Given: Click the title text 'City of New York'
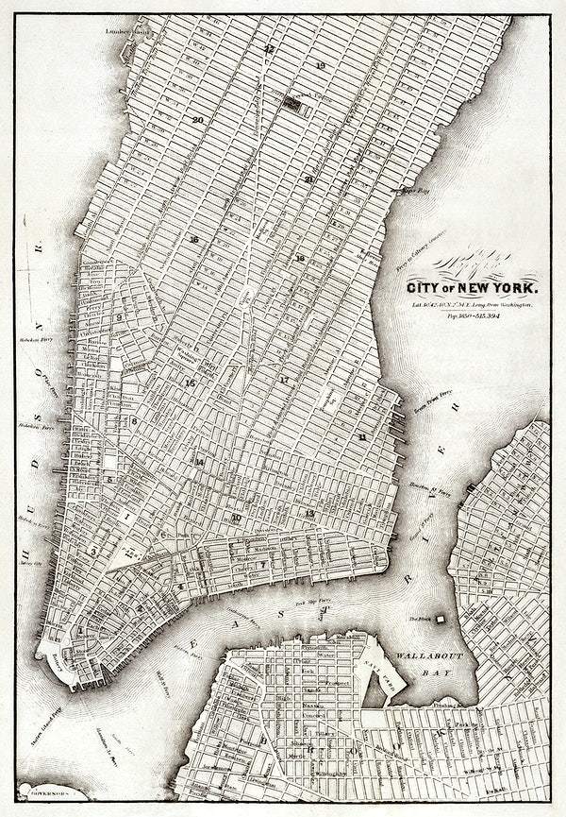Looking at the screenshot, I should click(x=473, y=286).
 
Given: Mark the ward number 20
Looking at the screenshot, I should click(x=197, y=120).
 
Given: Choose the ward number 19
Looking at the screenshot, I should click(x=321, y=65).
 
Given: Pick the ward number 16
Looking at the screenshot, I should click(x=193, y=239).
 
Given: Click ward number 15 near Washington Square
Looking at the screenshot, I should click(x=191, y=383).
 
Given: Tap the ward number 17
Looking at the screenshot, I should click(x=283, y=379).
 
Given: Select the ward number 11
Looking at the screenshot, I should click(x=361, y=436).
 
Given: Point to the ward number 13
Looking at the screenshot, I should click(x=309, y=513).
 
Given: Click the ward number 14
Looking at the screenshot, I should click(x=199, y=462).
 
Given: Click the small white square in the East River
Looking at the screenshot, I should click(x=439, y=620).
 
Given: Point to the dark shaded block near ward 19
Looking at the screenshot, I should click(x=293, y=105).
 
